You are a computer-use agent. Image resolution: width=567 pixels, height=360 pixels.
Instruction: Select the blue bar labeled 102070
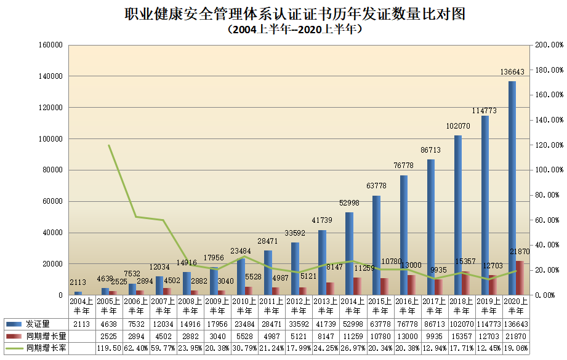coord(458,215)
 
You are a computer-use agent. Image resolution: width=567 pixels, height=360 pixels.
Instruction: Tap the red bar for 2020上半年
coord(520,278)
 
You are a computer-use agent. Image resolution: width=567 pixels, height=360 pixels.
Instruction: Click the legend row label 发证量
coord(38,324)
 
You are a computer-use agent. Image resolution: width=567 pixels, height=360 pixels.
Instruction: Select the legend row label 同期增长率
coord(42,348)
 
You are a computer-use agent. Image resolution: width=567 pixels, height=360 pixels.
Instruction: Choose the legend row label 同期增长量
coord(42,336)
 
